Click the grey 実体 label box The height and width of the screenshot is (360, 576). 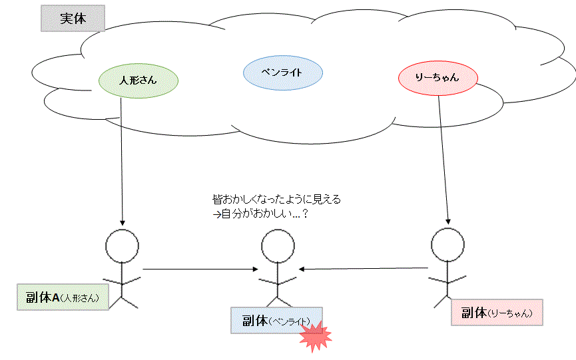[73, 19]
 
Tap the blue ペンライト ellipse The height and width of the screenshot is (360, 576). [282, 73]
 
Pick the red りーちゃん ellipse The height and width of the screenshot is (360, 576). [437, 78]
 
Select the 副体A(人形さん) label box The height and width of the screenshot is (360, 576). [62, 297]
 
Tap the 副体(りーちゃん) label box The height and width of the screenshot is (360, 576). [496, 312]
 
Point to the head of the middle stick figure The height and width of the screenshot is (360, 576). [278, 247]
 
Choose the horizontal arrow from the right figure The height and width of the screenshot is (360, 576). [363, 268]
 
